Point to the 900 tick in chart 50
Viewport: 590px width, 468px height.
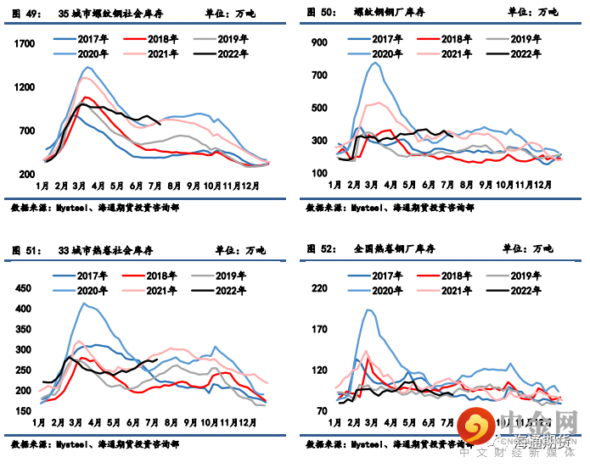coord(318,42)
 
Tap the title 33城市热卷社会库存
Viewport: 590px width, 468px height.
coord(104,249)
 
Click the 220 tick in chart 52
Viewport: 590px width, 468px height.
coord(318,289)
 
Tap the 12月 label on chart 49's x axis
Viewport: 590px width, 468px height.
coord(250,185)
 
